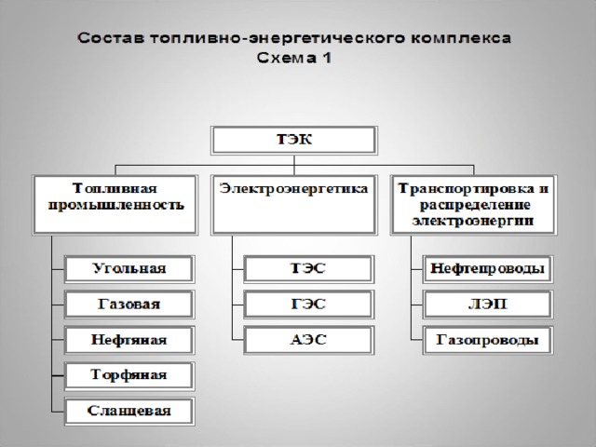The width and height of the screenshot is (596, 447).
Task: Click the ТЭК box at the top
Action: pyautogui.click(x=294, y=141)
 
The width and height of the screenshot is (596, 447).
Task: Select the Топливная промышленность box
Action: pyautogui.click(x=115, y=205)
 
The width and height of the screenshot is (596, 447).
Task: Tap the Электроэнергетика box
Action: pyautogui.click(x=294, y=205)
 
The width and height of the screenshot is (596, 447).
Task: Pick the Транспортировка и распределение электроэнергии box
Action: pyautogui.click(x=474, y=205)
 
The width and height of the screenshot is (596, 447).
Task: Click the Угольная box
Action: pyautogui.click(x=129, y=269)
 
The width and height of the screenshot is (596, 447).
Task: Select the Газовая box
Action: pyautogui.click(x=129, y=305)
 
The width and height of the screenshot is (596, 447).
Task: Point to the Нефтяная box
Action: pyautogui.click(x=129, y=340)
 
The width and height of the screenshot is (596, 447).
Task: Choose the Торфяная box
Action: pyautogui.click(x=129, y=375)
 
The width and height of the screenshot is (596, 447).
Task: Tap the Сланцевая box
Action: pyautogui.click(x=129, y=412)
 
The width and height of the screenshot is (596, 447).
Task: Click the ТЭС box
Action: pyautogui.click(x=308, y=269)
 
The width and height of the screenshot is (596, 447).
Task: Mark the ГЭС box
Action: pyautogui.click(x=308, y=305)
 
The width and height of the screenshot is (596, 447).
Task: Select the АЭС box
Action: pyautogui.click(x=308, y=340)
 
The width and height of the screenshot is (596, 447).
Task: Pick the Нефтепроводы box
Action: pyautogui.click(x=488, y=269)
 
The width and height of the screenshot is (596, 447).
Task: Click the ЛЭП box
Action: pyautogui.click(x=488, y=305)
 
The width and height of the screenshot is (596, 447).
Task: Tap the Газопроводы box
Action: pyautogui.click(x=488, y=340)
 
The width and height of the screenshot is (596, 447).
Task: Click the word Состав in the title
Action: pyautogui.click(x=111, y=38)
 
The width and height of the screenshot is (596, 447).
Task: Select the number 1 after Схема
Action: pyautogui.click(x=327, y=58)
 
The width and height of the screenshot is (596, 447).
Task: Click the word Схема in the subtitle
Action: pyautogui.click(x=287, y=58)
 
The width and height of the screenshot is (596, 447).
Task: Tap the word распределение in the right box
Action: pyautogui.click(x=475, y=205)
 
